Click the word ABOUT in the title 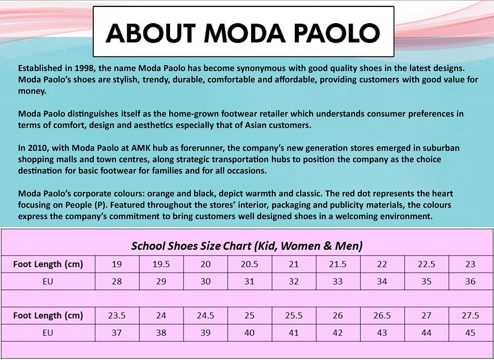(x=150, y=33)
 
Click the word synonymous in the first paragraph (x=261, y=69)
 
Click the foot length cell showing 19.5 (x=161, y=264)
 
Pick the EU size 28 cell (x=117, y=281)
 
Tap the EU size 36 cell (x=471, y=281)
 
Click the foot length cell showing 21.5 (x=338, y=264)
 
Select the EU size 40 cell (x=249, y=333)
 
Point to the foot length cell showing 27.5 (x=471, y=316)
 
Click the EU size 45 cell (x=471, y=333)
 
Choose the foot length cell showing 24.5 (x=205, y=316)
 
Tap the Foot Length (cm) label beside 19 (x=48, y=264)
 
